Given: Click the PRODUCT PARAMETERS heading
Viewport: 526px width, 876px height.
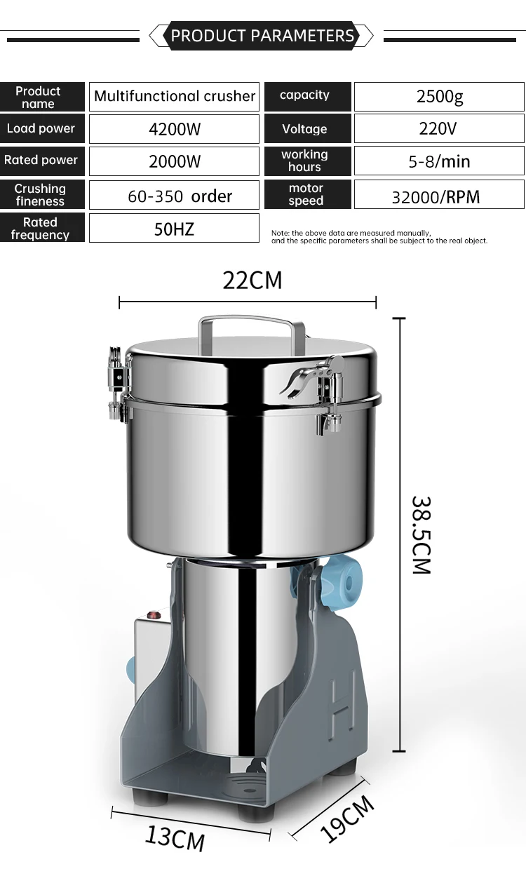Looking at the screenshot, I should pos(262,36).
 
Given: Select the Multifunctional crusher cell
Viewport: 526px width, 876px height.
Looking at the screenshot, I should pos(174,97).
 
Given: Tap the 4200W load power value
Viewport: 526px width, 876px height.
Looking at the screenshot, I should pos(174,129).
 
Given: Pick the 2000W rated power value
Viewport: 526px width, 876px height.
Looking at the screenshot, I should pos(174,161).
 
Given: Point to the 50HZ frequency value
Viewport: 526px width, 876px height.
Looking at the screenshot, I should pos(174,229).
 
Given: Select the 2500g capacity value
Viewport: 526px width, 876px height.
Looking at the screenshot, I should pos(439,97).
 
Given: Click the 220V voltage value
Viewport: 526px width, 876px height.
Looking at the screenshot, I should pos(439,129).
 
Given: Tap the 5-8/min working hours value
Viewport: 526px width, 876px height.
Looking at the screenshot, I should pos(439,161).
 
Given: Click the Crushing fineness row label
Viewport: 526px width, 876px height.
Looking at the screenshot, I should pos(41,195).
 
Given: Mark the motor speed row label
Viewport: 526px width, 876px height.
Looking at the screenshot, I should pos(306,195).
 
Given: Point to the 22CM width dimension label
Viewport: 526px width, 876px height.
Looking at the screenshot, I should pos(252,280).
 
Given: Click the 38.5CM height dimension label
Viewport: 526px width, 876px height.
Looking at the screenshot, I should pos(421,535).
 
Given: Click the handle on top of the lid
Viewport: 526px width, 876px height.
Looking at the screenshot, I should pos(245,323).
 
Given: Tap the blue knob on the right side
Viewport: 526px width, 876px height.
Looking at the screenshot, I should pos(337,579).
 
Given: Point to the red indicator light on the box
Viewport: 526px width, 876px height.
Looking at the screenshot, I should pos(149,616).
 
